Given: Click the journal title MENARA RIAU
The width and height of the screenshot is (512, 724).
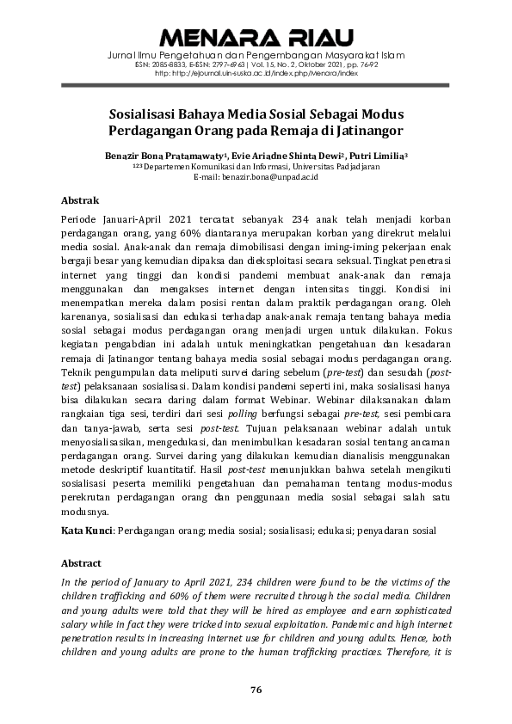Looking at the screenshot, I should (x=256, y=38).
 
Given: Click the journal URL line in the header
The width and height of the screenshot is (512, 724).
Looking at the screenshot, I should (x=256, y=74).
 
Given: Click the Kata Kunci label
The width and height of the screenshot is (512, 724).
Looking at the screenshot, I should (x=87, y=531).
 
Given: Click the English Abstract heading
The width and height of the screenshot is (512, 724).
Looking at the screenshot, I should (x=82, y=563).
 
